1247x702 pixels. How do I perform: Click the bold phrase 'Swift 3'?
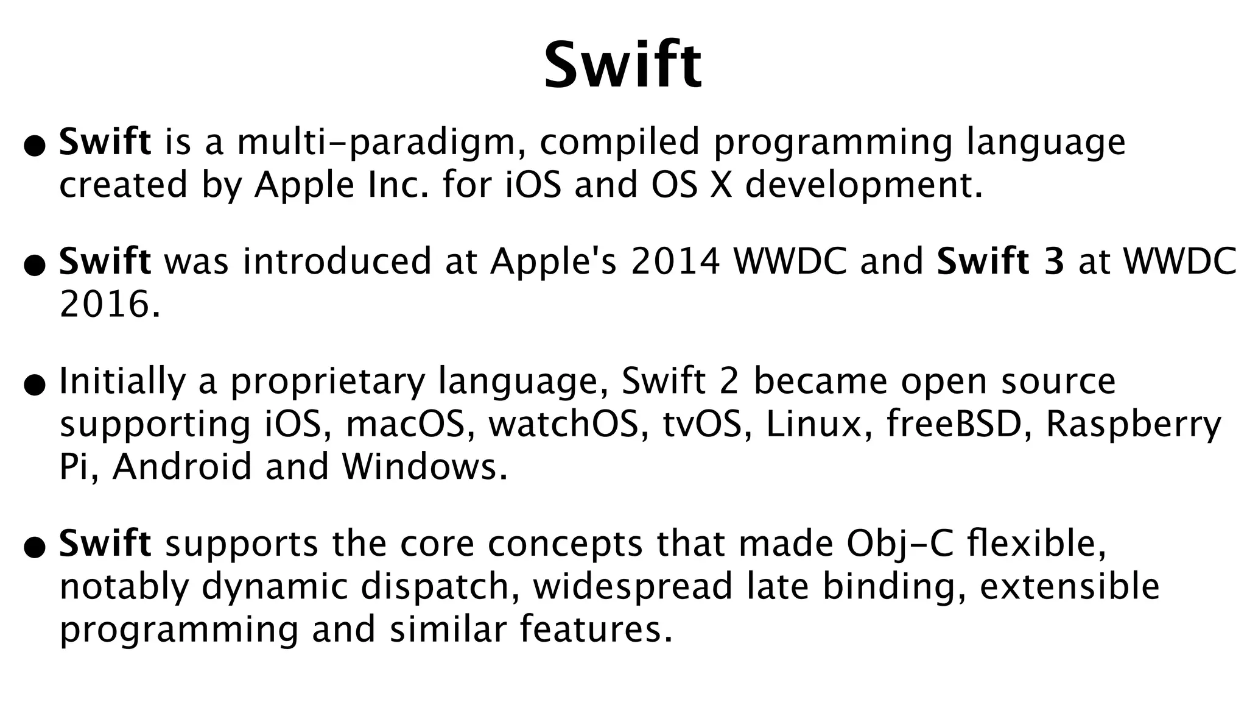[1000, 261]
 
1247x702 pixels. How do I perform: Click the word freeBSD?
[954, 425]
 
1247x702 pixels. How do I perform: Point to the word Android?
[181, 467]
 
